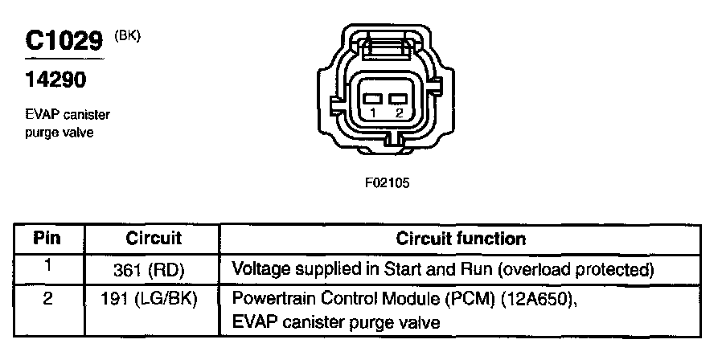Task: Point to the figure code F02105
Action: point(388,182)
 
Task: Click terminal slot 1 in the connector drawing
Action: point(372,98)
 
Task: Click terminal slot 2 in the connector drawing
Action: point(397,98)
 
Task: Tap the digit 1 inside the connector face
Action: point(373,113)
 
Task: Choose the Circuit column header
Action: point(154,239)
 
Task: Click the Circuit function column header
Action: point(461,239)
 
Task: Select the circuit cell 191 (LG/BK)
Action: point(154,299)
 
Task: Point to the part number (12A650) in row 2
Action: point(539,299)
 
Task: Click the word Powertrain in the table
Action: point(270,299)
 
